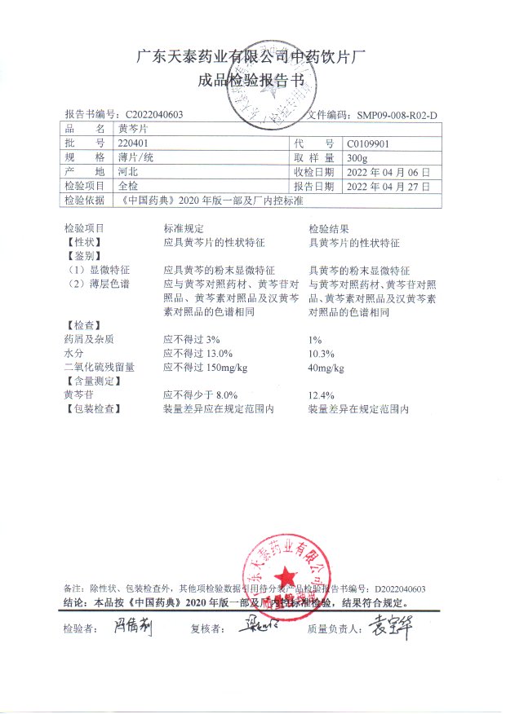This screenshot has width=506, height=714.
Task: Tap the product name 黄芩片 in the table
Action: [x=133, y=129]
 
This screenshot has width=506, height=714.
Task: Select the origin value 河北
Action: [x=128, y=172]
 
